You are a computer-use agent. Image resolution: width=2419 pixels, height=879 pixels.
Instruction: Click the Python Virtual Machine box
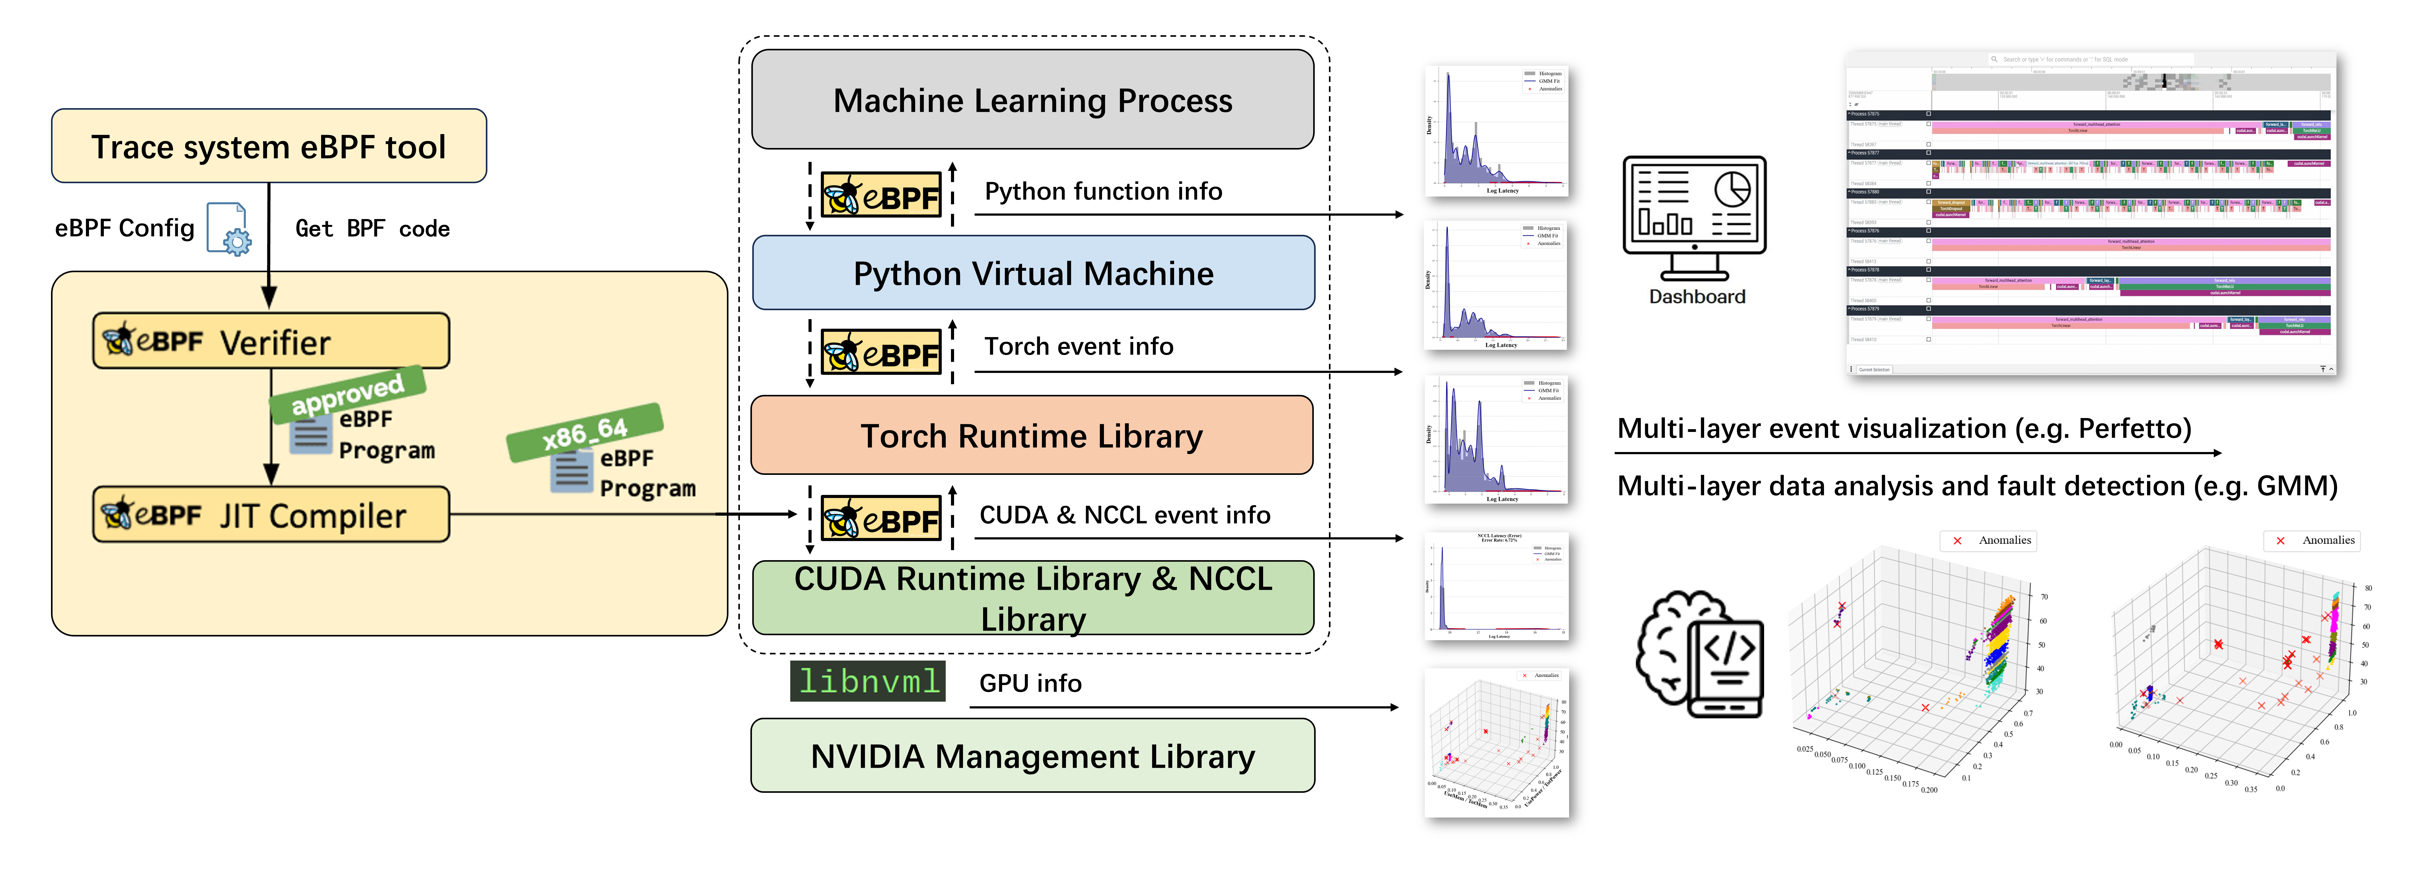pyautogui.click(x=1033, y=273)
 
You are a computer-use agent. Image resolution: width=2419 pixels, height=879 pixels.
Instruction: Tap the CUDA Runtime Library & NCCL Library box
pyautogui.click(x=1033, y=598)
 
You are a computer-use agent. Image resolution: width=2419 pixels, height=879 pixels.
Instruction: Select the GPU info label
pyautogui.click(x=1030, y=684)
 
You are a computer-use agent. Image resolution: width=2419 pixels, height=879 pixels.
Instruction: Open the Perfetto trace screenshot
pyautogui.click(x=2090, y=214)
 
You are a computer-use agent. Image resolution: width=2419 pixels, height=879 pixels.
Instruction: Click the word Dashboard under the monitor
pyautogui.click(x=1697, y=297)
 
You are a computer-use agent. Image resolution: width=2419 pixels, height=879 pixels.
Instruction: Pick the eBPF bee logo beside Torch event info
pyautogui.click(x=881, y=352)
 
